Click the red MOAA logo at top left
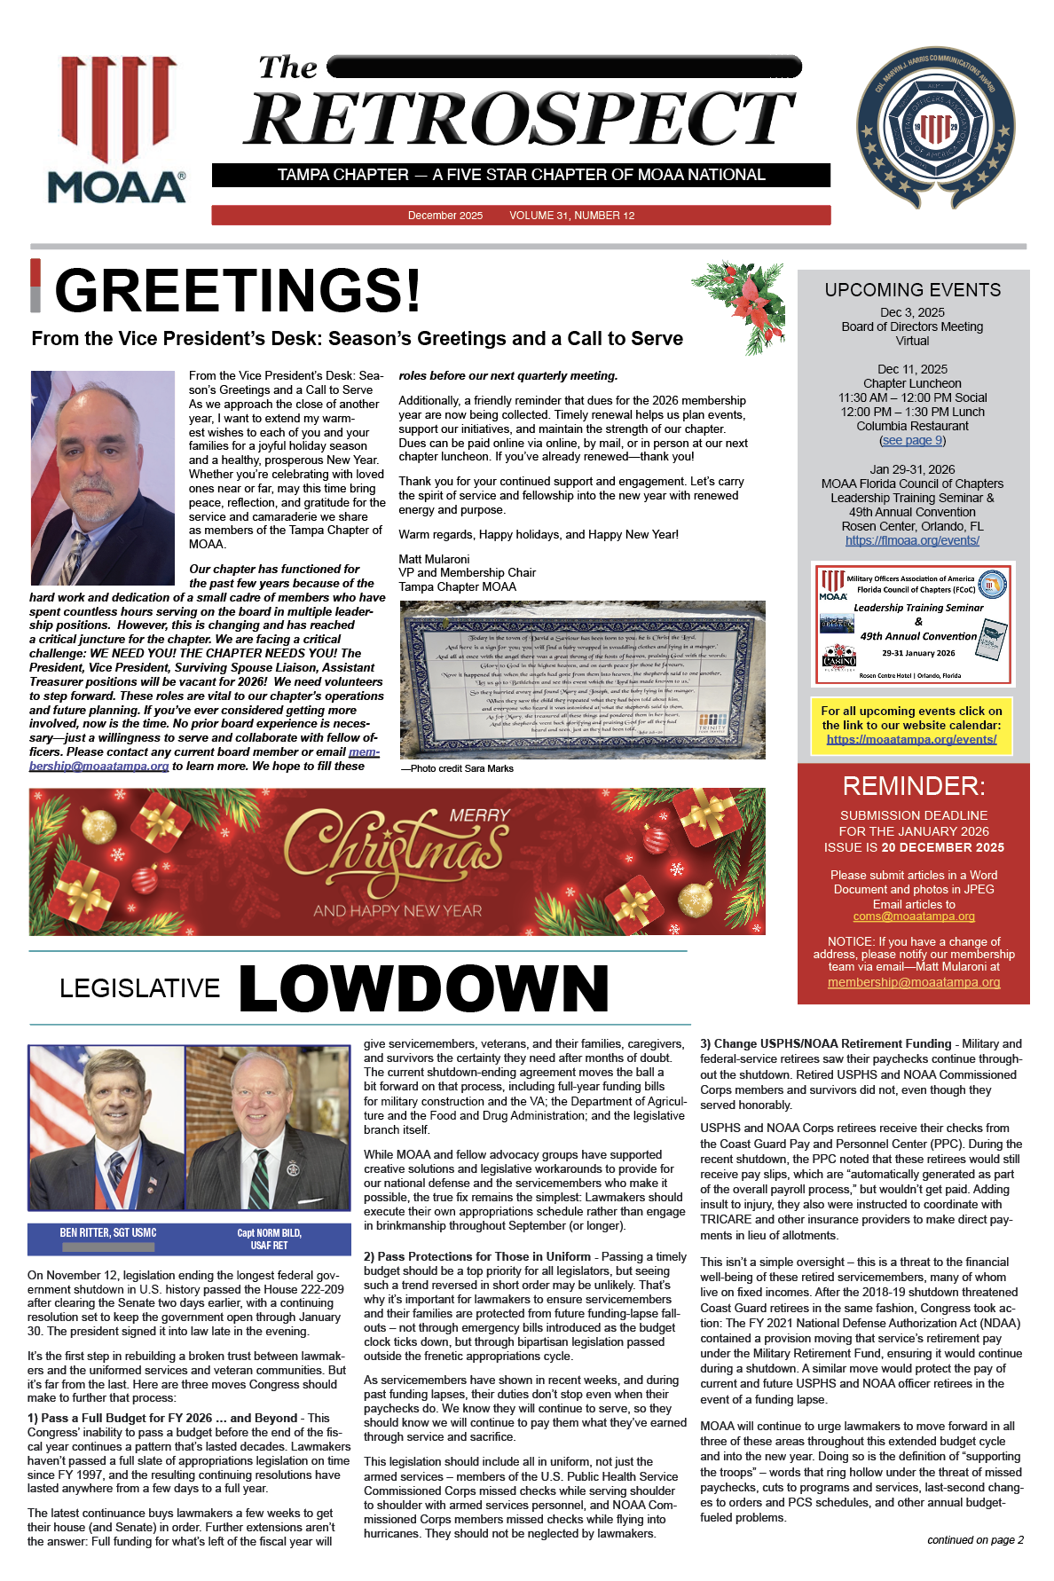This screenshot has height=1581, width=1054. tap(117, 130)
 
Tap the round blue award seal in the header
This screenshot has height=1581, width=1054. tap(935, 128)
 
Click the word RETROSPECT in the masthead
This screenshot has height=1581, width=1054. tap(519, 119)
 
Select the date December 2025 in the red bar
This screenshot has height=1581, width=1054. tap(445, 216)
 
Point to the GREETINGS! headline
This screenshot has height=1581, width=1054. tap(238, 290)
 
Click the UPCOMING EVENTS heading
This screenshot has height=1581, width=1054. tap(912, 290)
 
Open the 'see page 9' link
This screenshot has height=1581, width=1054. tap(912, 440)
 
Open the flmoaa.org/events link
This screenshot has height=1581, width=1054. tap(912, 540)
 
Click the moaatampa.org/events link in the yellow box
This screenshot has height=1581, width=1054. tap(911, 739)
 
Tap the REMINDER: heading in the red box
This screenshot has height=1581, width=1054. tap(914, 786)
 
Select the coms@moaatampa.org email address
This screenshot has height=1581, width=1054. tap(914, 916)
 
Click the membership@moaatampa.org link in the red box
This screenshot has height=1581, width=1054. tap(914, 982)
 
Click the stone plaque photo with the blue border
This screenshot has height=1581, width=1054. tap(582, 680)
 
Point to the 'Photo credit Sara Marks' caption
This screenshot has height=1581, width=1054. tap(457, 768)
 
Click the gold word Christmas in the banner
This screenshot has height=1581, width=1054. tap(396, 852)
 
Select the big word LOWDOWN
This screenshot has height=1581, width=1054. tap(424, 988)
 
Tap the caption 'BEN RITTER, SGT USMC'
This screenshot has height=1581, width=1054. tap(108, 1232)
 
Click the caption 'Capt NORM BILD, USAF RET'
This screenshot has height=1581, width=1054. tap(269, 1239)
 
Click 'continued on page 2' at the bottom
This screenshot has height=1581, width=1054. tap(975, 1540)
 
